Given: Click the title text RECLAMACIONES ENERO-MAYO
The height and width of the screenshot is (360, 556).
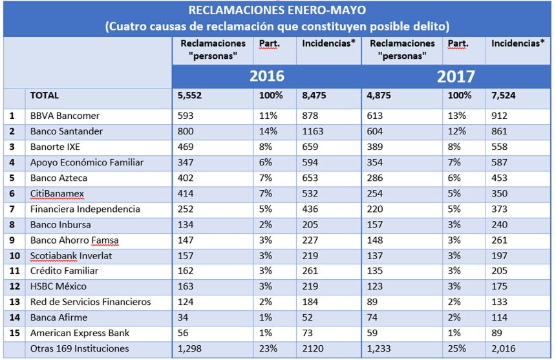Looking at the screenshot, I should click(x=277, y=10).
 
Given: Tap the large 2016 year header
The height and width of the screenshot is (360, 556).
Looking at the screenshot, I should click(x=266, y=76).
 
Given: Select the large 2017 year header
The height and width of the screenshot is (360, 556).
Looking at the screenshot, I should click(x=456, y=76).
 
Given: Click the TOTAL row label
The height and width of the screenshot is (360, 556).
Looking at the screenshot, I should click(x=45, y=96).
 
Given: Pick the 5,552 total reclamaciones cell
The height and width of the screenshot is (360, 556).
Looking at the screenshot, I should click(x=190, y=96).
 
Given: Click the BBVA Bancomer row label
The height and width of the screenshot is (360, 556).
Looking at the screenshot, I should click(x=63, y=116).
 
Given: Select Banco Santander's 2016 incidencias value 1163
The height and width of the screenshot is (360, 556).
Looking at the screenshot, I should click(x=315, y=132).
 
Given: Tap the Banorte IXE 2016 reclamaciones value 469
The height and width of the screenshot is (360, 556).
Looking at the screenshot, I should click(x=186, y=147).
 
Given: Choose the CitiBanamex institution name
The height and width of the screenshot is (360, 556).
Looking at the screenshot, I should click(x=57, y=194).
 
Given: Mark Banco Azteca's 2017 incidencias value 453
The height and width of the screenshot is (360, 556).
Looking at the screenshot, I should click(x=500, y=178).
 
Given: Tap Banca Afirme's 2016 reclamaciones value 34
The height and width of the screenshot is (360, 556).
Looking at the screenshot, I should click(x=183, y=318).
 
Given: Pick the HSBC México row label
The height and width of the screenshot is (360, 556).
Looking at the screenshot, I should click(x=58, y=287).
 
